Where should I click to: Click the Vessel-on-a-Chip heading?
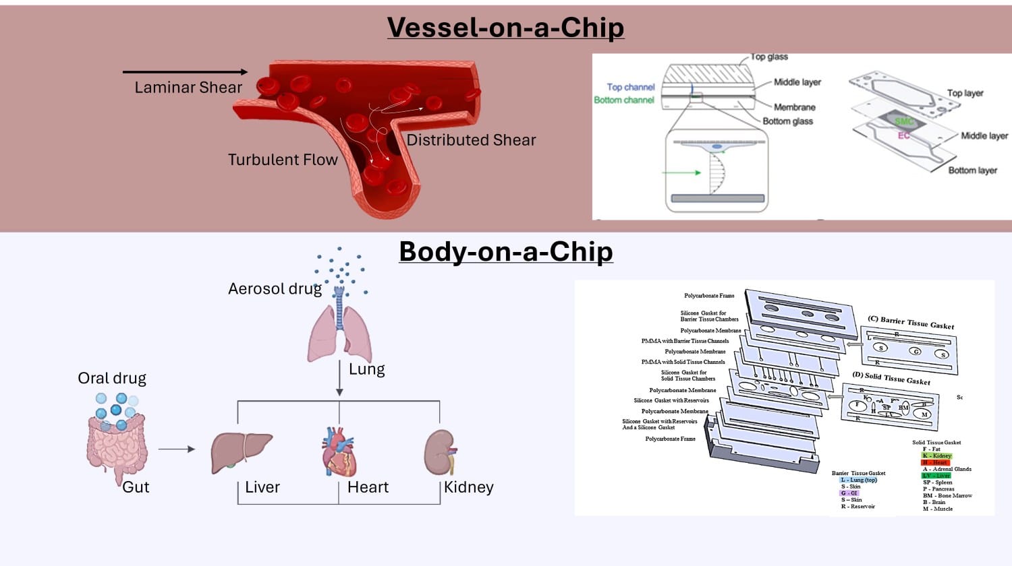pyautogui.click(x=505, y=28)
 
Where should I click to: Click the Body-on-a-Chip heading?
pyautogui.click(x=506, y=251)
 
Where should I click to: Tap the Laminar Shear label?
pyautogui.click(x=188, y=88)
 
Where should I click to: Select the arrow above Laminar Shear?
pyautogui.click(x=185, y=71)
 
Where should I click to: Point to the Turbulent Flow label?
pyautogui.click(x=283, y=160)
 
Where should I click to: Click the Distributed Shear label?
pyautogui.click(x=471, y=140)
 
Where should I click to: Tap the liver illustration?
pyautogui.click(x=241, y=452)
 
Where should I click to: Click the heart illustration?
pyautogui.click(x=339, y=451)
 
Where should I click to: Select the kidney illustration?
pyautogui.click(x=440, y=452)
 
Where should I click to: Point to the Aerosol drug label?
pyautogui.click(x=275, y=289)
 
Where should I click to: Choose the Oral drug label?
pyautogui.click(x=112, y=378)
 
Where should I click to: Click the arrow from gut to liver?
pyautogui.click(x=177, y=449)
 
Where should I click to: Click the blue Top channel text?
pyautogui.click(x=631, y=87)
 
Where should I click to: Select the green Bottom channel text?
pyautogui.click(x=624, y=100)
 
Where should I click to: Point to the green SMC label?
pyautogui.click(x=904, y=121)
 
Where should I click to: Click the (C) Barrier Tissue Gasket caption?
pyautogui.click(x=911, y=322)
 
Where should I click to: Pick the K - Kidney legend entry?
pyautogui.click(x=936, y=455)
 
